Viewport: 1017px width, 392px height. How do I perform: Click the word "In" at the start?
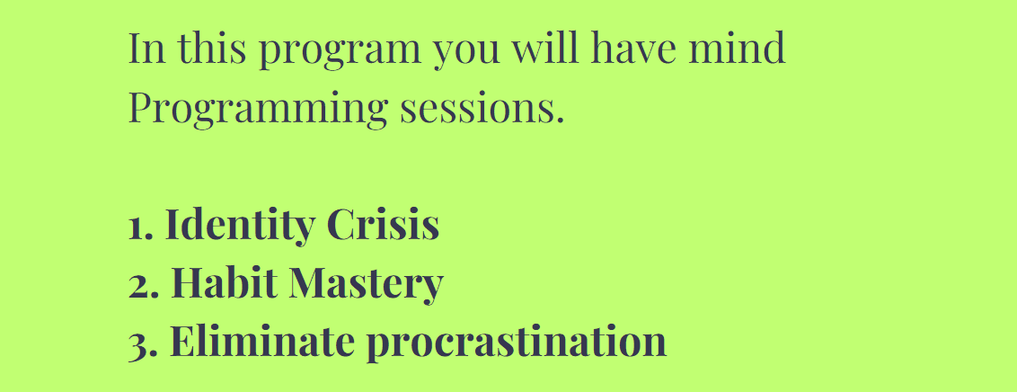click(147, 48)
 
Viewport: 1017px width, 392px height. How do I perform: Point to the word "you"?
click(466, 53)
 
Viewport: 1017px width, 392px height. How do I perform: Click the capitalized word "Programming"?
click(258, 110)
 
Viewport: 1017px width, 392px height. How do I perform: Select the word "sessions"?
click(478, 110)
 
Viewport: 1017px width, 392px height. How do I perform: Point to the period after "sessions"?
click(561, 120)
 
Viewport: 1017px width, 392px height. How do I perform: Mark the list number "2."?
click(144, 286)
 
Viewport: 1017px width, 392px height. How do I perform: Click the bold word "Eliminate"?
click(262, 340)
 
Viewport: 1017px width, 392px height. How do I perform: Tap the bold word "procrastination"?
click(517, 343)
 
